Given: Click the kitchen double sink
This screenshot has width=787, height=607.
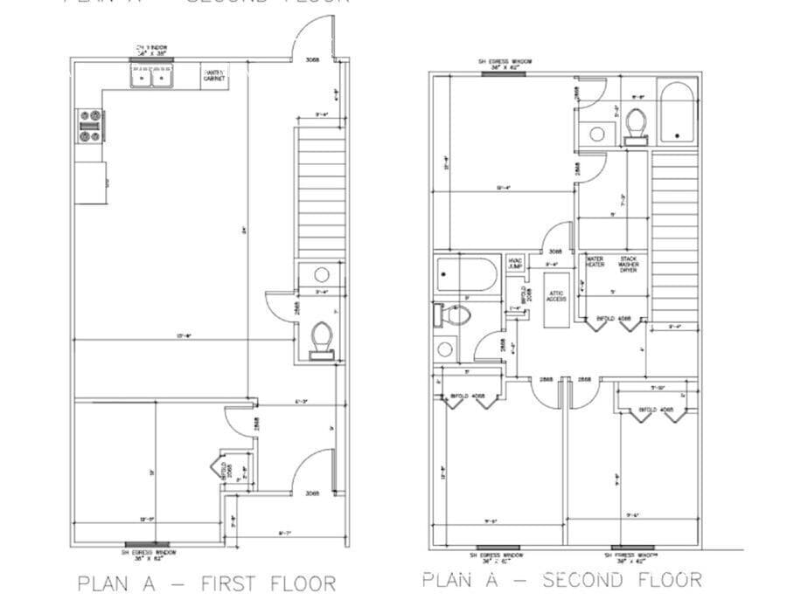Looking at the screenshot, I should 152,78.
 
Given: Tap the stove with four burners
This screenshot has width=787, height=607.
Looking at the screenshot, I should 89,126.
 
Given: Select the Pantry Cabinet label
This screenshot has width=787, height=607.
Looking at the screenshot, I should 214,76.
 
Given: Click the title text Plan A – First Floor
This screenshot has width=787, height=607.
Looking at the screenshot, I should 206,583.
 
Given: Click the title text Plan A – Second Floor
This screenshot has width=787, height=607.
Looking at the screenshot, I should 561,579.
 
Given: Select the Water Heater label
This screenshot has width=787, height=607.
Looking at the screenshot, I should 595,262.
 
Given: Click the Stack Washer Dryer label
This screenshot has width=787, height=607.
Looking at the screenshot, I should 629,265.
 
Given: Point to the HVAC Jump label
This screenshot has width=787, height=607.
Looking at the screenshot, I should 516,262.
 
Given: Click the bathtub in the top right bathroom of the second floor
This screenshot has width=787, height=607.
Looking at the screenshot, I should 677,113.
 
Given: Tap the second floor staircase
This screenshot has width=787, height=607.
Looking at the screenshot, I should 675,236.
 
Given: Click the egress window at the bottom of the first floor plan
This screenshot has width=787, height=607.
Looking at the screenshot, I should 152,545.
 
